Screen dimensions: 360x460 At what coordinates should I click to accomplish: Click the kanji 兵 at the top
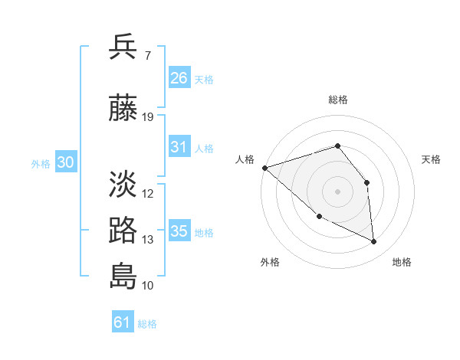(123, 47)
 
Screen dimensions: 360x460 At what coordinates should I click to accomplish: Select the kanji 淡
(123, 184)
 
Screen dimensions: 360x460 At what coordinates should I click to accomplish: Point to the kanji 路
(123, 230)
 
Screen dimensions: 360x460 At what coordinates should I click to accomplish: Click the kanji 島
(123, 275)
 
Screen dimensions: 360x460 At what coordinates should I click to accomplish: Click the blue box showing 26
(179, 77)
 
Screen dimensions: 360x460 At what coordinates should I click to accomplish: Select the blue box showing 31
(179, 147)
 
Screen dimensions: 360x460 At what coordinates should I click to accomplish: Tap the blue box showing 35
(179, 231)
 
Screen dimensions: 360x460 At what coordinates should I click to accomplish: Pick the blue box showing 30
(65, 162)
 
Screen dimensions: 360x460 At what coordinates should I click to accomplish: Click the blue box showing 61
(123, 322)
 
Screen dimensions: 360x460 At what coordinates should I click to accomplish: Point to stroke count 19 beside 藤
(149, 117)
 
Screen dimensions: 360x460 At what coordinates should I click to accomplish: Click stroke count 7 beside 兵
(149, 57)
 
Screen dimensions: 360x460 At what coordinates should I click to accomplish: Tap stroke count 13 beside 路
(148, 240)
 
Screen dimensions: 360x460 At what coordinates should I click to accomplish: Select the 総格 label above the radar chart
(337, 100)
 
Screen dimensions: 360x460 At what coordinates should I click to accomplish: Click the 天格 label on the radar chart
(432, 159)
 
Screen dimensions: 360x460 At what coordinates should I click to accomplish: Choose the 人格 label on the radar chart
(245, 159)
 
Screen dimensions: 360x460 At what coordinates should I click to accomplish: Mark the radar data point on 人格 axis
(264, 168)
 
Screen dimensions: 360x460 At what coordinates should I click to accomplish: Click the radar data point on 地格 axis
(374, 242)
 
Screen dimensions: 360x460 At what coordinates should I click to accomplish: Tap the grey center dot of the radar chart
(337, 191)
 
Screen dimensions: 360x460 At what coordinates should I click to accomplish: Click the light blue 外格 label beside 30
(41, 163)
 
